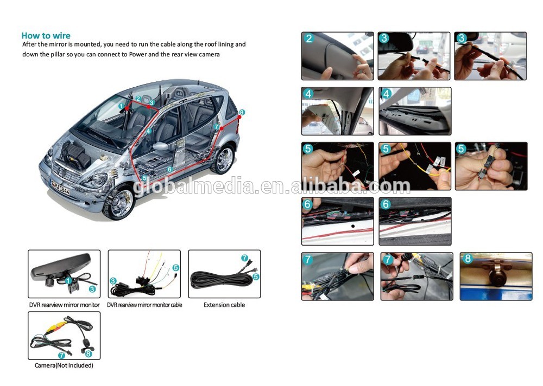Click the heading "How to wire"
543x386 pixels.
(46, 36)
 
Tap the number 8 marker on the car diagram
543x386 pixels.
(242, 112)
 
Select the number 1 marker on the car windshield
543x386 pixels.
(121, 106)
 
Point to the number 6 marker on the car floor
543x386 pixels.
(169, 169)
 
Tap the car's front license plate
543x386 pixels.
(61, 187)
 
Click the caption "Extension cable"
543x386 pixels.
(224, 305)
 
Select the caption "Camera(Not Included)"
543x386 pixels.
(64, 365)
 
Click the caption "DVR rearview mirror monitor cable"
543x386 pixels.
(144, 305)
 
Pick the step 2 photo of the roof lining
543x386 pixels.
(338, 56)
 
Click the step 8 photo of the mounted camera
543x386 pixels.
(496, 276)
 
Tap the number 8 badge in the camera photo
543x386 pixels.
(468, 259)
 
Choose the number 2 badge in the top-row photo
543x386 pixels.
(309, 38)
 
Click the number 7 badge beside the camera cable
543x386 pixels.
(62, 355)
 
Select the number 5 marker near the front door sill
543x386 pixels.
(144, 178)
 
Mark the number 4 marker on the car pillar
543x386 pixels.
(149, 131)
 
